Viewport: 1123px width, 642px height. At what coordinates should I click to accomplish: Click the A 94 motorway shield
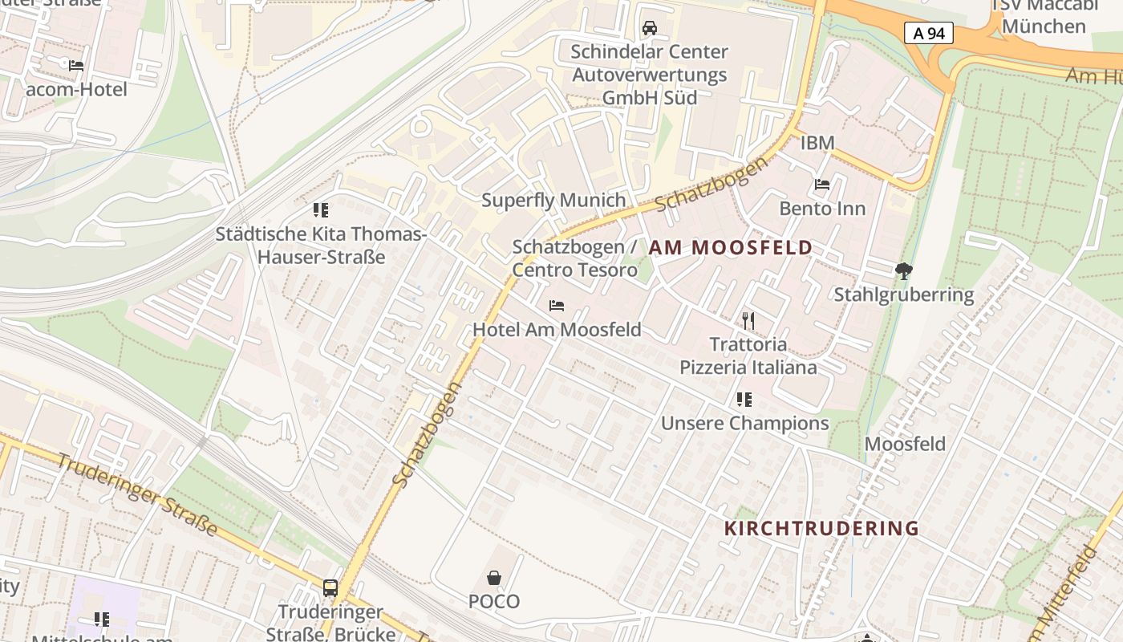(x=929, y=33)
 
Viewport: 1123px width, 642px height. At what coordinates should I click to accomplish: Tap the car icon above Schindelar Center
(x=650, y=28)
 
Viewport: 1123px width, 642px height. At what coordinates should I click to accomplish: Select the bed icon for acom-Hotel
(x=76, y=66)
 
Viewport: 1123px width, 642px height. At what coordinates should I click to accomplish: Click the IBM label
(x=817, y=143)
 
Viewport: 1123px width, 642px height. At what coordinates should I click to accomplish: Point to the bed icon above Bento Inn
(x=822, y=185)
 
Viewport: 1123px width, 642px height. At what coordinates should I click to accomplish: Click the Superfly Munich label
(x=553, y=200)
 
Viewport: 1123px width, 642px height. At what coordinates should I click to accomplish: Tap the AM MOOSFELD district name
(x=731, y=248)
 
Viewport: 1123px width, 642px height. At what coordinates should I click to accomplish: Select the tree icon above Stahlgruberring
(x=904, y=271)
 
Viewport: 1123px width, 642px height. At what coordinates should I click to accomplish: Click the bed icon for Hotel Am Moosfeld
(x=557, y=306)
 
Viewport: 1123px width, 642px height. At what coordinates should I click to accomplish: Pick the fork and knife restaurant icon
(x=748, y=321)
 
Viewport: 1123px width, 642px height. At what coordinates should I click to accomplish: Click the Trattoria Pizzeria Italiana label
(x=748, y=356)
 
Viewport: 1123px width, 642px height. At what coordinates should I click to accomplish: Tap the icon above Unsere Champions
(x=744, y=399)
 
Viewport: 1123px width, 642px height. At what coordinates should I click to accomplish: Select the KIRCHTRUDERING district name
(x=821, y=528)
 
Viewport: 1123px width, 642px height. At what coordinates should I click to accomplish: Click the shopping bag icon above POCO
(x=494, y=578)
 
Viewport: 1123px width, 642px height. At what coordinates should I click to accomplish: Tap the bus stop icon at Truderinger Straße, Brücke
(x=330, y=588)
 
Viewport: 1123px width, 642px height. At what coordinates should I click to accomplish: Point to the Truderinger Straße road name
(x=137, y=494)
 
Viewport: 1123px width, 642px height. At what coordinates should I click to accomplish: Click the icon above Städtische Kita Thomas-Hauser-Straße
(x=321, y=210)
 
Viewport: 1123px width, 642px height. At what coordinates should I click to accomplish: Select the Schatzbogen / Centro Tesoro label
(x=574, y=258)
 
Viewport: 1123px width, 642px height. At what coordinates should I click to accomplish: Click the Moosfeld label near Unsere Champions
(x=905, y=444)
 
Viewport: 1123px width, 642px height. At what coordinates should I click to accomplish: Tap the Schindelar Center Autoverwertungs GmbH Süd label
(x=650, y=75)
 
